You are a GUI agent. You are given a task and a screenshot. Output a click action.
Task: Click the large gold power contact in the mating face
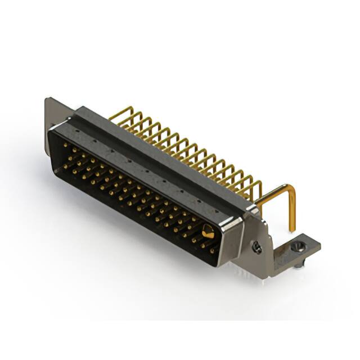[207, 231]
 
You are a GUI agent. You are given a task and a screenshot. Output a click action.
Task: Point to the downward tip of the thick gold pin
[292, 228]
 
